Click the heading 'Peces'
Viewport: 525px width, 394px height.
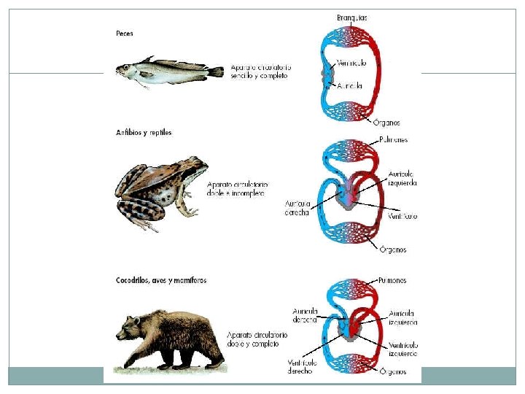pyautogui.click(x=124, y=33)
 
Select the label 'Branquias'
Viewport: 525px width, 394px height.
pyautogui.click(x=352, y=18)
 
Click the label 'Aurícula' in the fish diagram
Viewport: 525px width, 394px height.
pyautogui.click(x=349, y=85)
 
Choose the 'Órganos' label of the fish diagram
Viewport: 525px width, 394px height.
pyautogui.click(x=385, y=123)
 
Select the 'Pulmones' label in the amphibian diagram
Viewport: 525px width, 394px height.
pyautogui.click(x=393, y=139)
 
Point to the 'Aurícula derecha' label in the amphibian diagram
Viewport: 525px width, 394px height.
pyautogui.click(x=297, y=208)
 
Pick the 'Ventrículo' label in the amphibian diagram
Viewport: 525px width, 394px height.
pyautogui.click(x=402, y=216)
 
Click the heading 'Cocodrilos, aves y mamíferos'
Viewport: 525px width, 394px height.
pyautogui.click(x=161, y=280)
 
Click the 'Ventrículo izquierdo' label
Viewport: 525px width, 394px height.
pyautogui.click(x=402, y=349)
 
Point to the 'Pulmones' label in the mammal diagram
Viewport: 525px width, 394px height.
pyautogui.click(x=392, y=280)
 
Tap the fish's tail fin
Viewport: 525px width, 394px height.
pyautogui.click(x=217, y=71)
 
